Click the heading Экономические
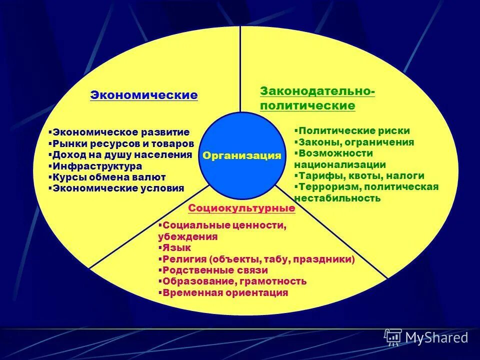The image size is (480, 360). coord(143,95)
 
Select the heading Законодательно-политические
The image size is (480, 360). coord(317,98)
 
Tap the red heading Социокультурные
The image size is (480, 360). coord(241,208)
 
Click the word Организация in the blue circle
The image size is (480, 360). coord(242,155)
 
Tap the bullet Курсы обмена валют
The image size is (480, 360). coord(109,177)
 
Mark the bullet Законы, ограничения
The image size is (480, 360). coord(355,142)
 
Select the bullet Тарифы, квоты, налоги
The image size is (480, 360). coord(360,175)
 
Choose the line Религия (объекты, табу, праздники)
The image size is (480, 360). coord(258,259)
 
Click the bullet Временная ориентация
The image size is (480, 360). coord(225,293)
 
